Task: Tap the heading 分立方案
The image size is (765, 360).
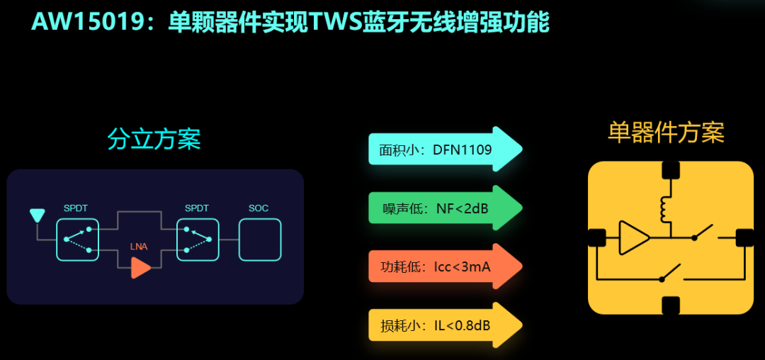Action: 154,139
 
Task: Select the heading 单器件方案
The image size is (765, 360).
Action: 666,133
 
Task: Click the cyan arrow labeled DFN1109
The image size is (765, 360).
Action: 445,150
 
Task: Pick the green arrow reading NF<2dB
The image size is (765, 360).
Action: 445,208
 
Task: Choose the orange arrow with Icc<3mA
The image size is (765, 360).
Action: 445,266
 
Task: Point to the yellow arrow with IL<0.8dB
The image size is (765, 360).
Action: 445,325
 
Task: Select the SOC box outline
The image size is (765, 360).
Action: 259,240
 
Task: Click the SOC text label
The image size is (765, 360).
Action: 259,208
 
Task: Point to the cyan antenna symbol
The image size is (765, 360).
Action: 37,215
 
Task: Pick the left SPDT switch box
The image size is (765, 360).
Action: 77,240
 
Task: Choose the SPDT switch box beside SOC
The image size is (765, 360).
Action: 198,240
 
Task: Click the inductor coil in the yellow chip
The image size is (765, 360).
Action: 666,207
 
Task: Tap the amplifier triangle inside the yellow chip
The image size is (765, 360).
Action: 633,238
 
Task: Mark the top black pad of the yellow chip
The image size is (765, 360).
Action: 670,170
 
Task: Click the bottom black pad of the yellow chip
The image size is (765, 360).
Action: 670,305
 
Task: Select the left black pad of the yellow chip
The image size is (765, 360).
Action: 596,238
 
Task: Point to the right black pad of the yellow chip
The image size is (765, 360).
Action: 744,238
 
